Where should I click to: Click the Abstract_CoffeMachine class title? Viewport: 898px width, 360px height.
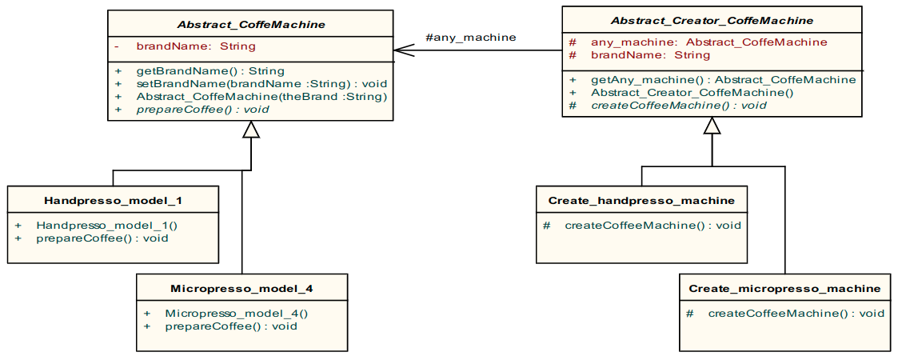click(x=249, y=25)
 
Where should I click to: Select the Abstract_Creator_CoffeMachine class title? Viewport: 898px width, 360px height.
click(x=712, y=20)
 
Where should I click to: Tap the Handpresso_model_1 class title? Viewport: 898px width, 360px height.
click(x=113, y=199)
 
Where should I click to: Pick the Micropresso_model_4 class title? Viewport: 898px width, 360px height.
click(x=241, y=287)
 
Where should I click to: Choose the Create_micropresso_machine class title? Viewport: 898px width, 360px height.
click(x=784, y=288)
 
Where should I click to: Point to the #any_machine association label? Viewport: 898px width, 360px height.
click(x=470, y=37)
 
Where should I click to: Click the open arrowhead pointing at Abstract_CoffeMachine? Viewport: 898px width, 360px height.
click(x=403, y=50)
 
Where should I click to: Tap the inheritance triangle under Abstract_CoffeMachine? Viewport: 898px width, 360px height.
click(x=251, y=130)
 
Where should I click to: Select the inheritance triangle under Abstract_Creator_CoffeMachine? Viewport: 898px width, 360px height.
click(x=712, y=125)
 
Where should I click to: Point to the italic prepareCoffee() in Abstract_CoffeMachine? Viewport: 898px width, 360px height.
click(x=202, y=109)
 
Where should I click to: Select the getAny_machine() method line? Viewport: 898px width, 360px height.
click(x=723, y=80)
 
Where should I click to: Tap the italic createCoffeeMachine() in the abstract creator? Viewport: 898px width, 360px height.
click(x=678, y=105)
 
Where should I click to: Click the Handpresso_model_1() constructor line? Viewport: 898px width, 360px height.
click(x=106, y=226)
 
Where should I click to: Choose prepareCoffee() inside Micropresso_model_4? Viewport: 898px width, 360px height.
click(x=230, y=326)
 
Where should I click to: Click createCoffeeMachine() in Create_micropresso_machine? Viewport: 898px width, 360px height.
click(x=796, y=313)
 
